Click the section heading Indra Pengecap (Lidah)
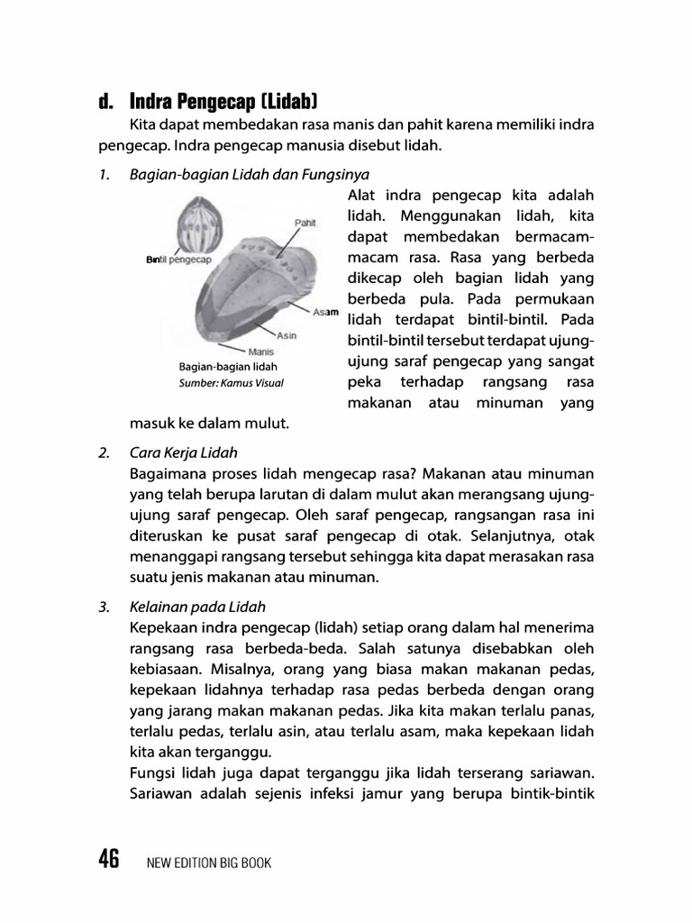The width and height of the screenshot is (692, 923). [x=224, y=99]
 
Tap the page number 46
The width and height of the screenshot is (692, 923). [x=109, y=860]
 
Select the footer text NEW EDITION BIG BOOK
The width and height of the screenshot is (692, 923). [x=208, y=863]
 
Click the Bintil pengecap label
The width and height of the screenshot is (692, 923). [x=178, y=260]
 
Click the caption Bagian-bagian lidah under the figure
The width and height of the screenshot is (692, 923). [x=228, y=367]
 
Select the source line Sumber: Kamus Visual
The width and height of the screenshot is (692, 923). [x=231, y=383]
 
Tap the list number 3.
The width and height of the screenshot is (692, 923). [x=105, y=606]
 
